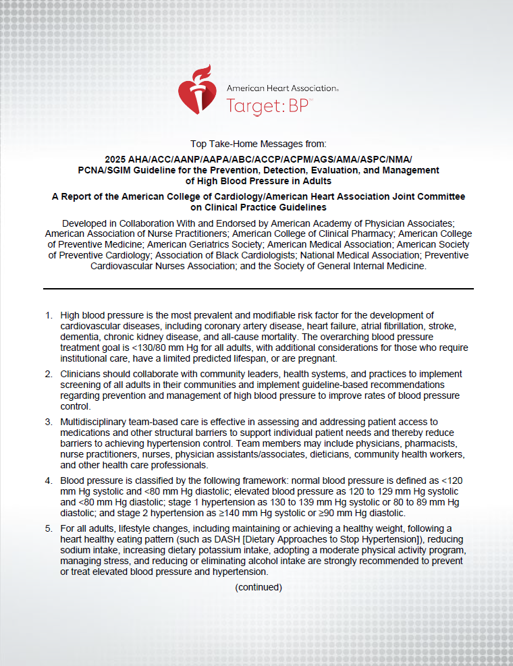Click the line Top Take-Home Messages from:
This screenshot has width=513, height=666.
click(258, 143)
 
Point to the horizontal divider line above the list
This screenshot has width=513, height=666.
click(258, 288)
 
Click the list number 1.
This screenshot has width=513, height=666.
click(48, 316)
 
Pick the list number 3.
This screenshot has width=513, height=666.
click(48, 422)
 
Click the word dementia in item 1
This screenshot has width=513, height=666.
click(82, 336)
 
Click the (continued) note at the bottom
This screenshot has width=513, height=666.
click(259, 587)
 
